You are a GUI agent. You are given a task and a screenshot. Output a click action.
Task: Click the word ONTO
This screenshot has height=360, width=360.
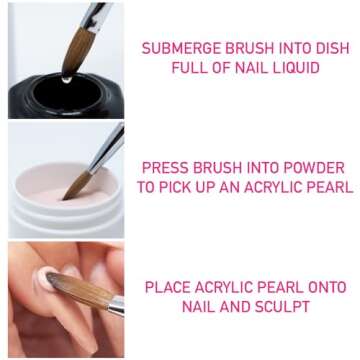click(x=329, y=287)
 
